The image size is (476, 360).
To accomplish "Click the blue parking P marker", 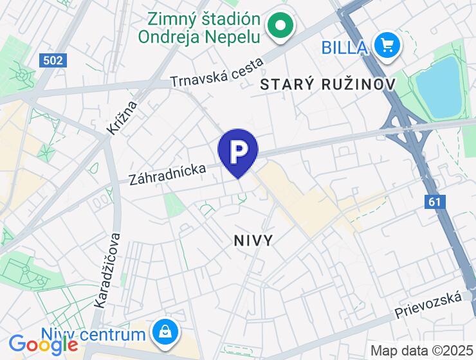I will pos(238,151).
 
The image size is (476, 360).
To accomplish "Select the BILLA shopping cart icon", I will pos(387,46).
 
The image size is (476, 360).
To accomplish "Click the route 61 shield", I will pos(435,202).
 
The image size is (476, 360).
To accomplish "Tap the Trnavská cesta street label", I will pos(217,73).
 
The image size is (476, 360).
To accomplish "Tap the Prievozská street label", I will pos(428,305).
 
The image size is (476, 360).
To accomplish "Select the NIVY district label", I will pos(253,240).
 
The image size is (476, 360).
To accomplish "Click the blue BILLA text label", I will pos(345,47).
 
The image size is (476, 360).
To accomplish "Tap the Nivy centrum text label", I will pos(93,335).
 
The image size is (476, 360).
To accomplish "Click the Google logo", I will pos(43,345).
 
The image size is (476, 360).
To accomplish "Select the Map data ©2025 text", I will pos(421,350).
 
